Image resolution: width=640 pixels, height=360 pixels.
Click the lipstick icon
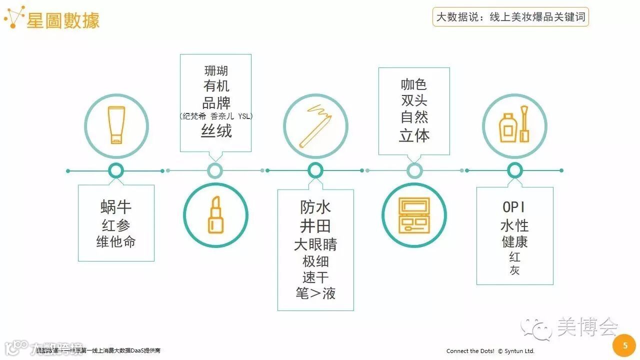pyautogui.click(x=215, y=215)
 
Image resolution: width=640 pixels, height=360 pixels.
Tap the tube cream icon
pyautogui.click(x=115, y=125)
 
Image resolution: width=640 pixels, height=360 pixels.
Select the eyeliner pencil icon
pyautogui.click(x=315, y=125)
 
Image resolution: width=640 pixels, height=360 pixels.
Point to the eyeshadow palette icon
pyautogui.click(x=414, y=215)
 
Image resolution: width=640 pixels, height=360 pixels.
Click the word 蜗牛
pyautogui.click(x=116, y=207)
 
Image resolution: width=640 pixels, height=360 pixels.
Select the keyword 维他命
pyautogui.click(x=116, y=242)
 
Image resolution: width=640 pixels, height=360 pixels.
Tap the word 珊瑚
pyautogui.click(x=216, y=71)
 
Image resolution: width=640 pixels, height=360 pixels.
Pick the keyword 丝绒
pyautogui.click(x=216, y=131)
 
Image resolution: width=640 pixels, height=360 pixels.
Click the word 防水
pyautogui.click(x=315, y=207)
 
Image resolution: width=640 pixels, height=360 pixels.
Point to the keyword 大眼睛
pyautogui.click(x=315, y=244)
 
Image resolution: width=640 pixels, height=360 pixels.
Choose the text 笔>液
pyautogui.click(x=315, y=293)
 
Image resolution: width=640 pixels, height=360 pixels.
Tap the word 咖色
pyautogui.click(x=414, y=84)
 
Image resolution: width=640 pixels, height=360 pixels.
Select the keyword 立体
pyautogui.click(x=414, y=135)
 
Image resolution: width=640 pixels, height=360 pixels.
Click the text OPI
pyautogui.click(x=514, y=207)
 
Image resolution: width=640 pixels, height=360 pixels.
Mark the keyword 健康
pyautogui.click(x=514, y=242)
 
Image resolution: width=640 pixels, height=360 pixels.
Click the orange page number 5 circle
pyautogui.click(x=624, y=345)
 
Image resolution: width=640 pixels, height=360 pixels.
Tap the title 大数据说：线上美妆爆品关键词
pyautogui.click(x=510, y=17)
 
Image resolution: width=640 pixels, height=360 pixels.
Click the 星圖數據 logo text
pyautogui.click(x=63, y=20)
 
